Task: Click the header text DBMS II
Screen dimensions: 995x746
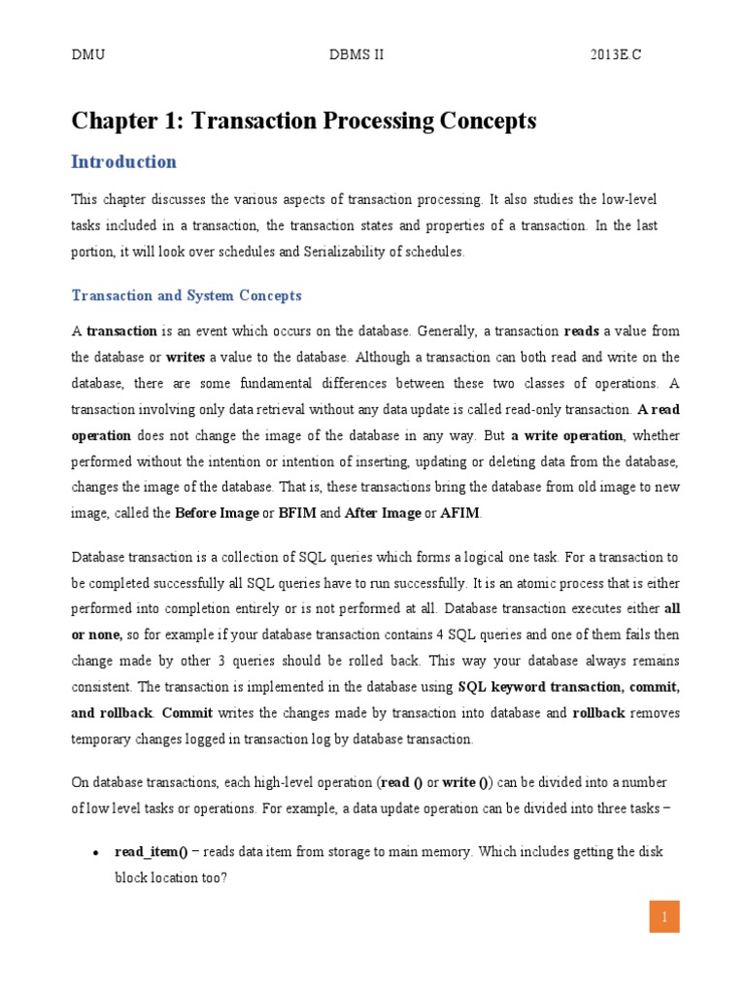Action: [x=357, y=55]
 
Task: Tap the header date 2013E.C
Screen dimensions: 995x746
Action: [x=616, y=55]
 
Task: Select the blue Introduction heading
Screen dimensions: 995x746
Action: [x=124, y=162]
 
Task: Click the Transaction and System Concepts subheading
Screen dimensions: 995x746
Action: [x=186, y=295]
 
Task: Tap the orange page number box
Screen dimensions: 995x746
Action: [x=664, y=916]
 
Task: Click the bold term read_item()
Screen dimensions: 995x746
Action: [x=151, y=852]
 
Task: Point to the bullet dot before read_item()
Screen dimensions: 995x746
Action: [x=95, y=853]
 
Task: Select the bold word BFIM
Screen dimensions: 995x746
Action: [x=297, y=513]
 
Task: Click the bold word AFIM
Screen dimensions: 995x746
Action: [x=460, y=513]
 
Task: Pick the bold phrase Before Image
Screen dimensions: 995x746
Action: [x=217, y=513]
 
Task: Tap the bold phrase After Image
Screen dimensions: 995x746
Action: [x=384, y=513]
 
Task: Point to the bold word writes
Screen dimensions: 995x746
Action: [x=184, y=357]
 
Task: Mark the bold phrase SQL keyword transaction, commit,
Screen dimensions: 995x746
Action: [x=568, y=687]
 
